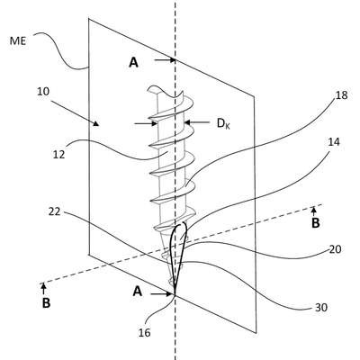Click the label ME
pos(18,40)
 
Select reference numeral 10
pos(43,92)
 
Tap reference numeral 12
pos(59,155)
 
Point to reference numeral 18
pos(341,95)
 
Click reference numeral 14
pos(334,141)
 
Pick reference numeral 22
pos(54,211)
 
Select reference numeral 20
pos(335,249)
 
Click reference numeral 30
pos(320,308)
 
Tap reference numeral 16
pos(145,332)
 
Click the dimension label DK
pos(223,123)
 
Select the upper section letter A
pos(134,62)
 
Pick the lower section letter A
pos(138,291)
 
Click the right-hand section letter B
pos(315,223)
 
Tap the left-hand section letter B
pos(46,303)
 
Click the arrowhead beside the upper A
pos(172,60)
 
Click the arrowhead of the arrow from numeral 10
pos(95,123)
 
